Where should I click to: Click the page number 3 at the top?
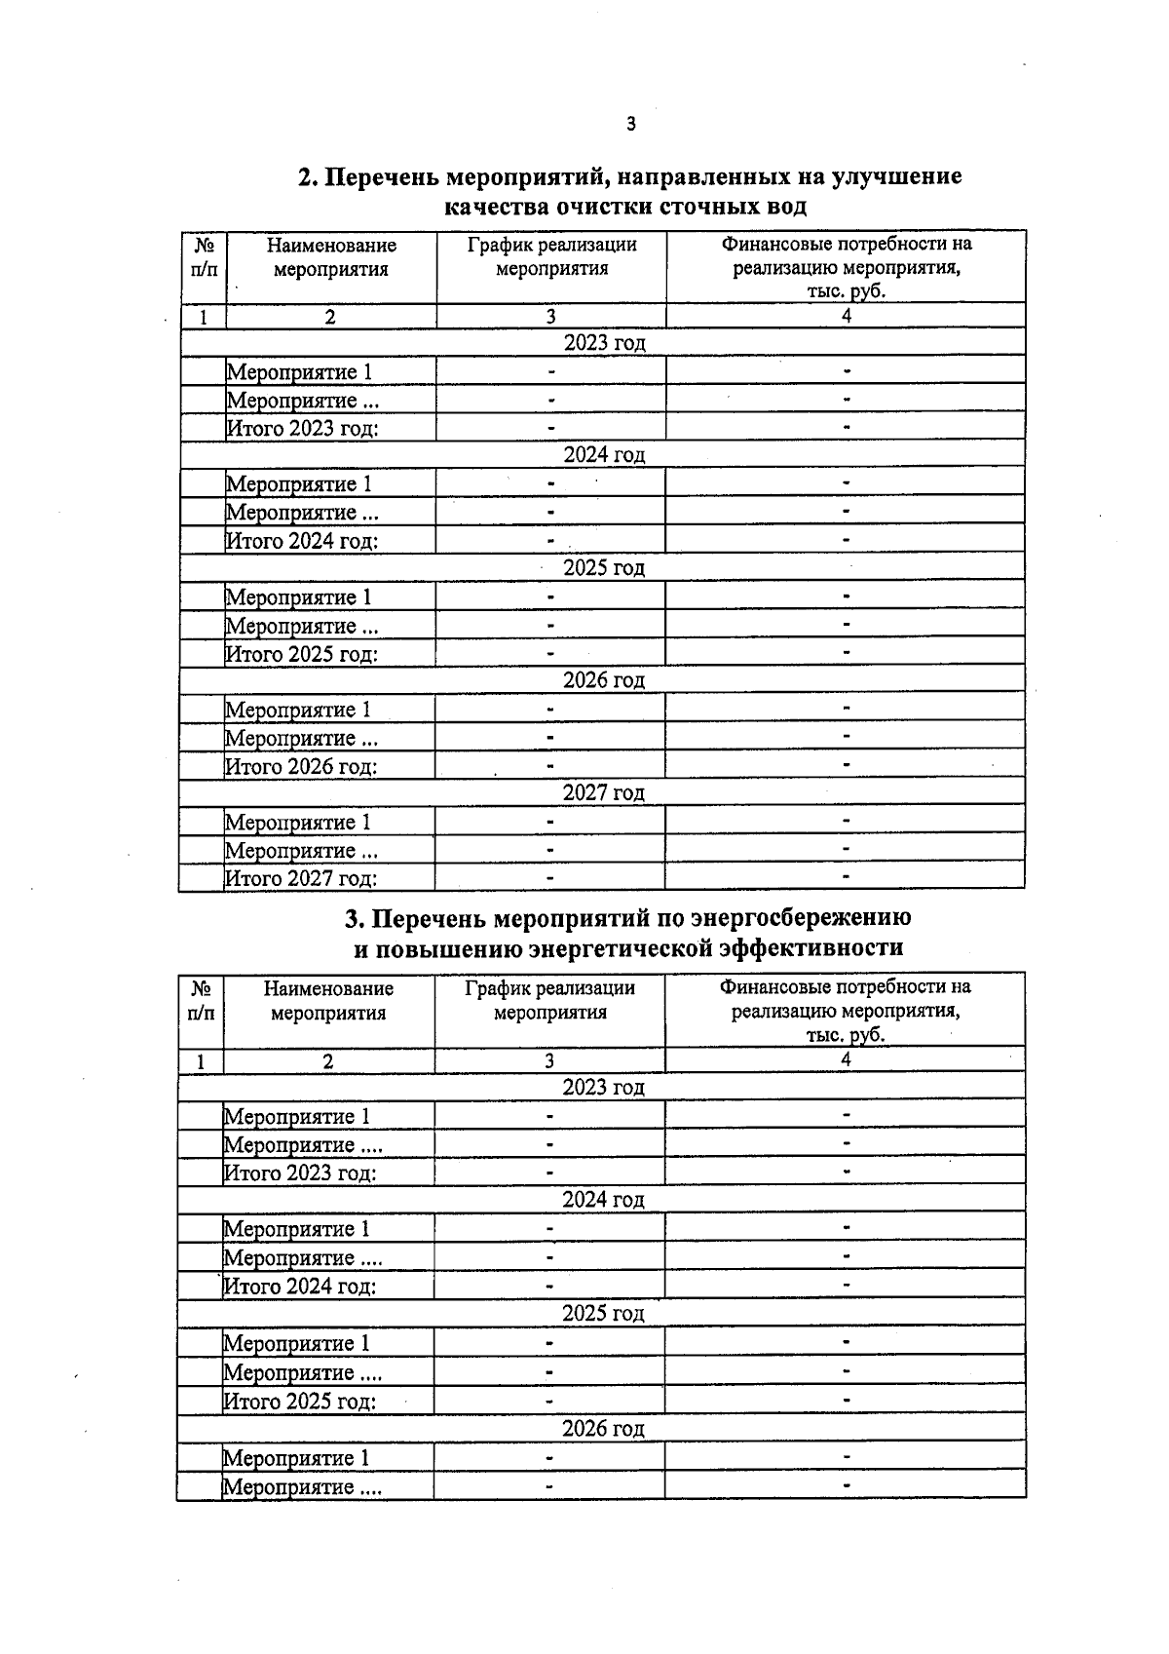(x=630, y=124)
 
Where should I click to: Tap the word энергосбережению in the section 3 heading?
(x=801, y=918)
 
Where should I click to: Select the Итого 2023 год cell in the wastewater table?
(x=302, y=428)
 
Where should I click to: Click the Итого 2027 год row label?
(x=301, y=878)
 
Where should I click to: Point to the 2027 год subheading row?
(x=603, y=793)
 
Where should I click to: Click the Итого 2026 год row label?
(x=301, y=766)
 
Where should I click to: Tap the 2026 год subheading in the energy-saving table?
(x=603, y=1429)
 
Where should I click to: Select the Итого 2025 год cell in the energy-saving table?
(x=300, y=1402)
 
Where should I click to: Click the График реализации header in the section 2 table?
(x=551, y=256)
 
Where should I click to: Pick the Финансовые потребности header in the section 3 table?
(x=845, y=1010)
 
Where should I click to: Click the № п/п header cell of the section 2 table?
(x=204, y=256)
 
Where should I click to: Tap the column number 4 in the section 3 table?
(x=845, y=1060)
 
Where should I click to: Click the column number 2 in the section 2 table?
(x=330, y=317)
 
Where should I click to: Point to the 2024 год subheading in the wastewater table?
(x=604, y=455)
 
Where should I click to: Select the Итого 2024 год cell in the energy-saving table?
(x=300, y=1287)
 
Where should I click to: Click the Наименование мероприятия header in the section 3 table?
(x=328, y=1000)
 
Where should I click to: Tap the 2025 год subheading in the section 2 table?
(x=604, y=567)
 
